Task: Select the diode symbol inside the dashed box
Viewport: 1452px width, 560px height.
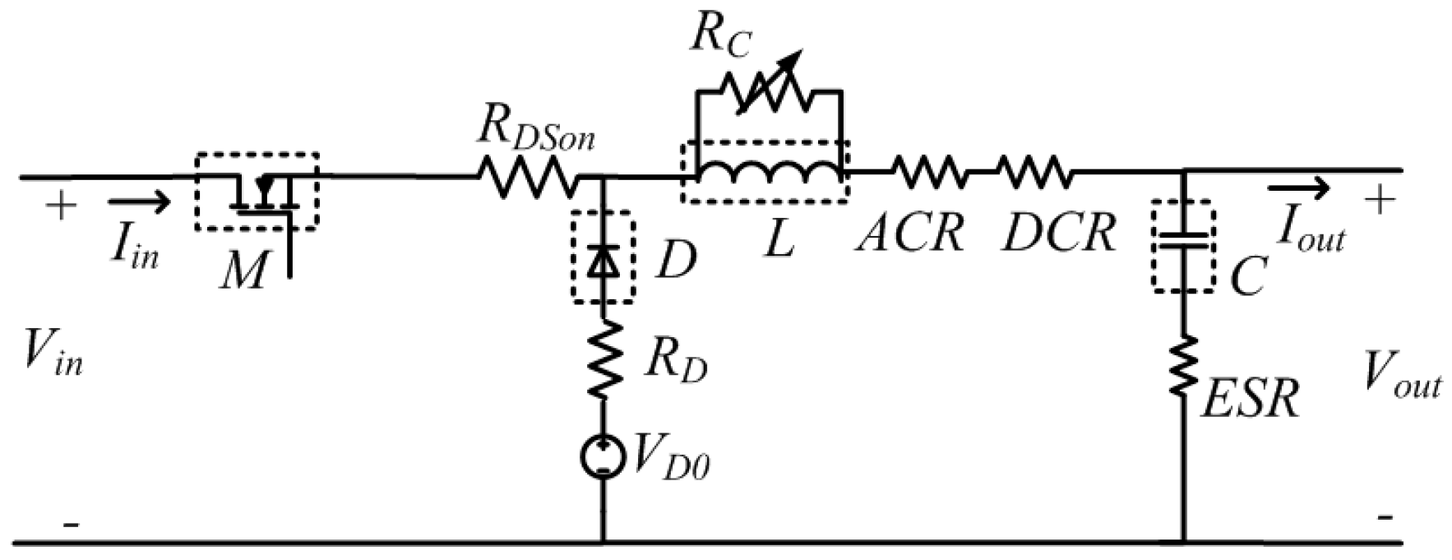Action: click(x=604, y=261)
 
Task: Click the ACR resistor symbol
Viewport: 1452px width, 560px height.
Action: click(x=927, y=172)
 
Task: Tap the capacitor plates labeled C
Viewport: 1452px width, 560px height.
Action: click(x=1183, y=240)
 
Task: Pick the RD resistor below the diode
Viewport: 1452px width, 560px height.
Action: click(x=604, y=361)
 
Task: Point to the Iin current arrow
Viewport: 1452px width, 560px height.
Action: click(x=138, y=201)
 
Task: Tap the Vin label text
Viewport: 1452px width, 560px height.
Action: click(x=53, y=355)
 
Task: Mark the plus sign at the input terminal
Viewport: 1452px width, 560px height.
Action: click(x=59, y=205)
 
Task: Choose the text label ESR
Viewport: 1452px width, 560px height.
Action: click(x=1250, y=400)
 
